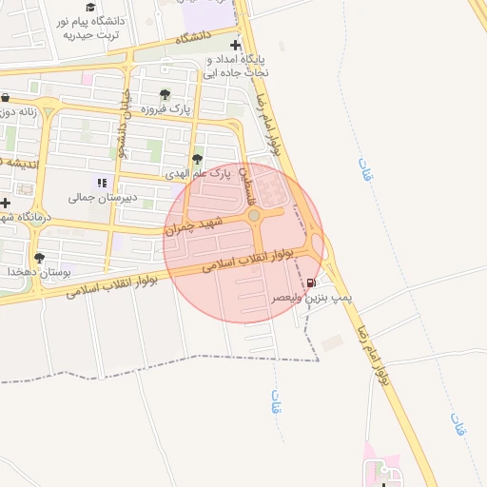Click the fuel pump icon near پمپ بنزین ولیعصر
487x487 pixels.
(312, 282)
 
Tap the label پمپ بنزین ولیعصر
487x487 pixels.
(313, 298)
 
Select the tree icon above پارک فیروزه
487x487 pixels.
(166, 95)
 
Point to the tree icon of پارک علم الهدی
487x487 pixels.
(197, 160)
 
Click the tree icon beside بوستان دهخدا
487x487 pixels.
(39, 258)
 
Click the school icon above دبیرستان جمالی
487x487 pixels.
(101, 183)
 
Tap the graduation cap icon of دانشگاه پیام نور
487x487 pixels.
(90, 7)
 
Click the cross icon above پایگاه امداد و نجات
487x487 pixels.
(236, 45)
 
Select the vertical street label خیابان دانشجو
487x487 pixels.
(123, 124)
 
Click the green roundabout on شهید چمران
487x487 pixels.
(255, 218)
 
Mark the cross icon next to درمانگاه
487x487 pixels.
(6, 203)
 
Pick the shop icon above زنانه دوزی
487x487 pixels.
(6, 98)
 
